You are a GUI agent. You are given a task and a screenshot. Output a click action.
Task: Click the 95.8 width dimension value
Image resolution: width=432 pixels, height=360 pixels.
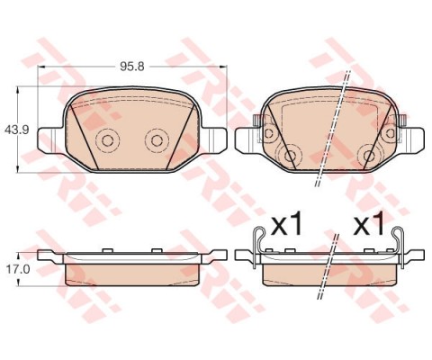click(x=133, y=67)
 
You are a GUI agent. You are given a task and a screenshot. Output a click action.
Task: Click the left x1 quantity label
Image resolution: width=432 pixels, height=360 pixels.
click(x=285, y=224)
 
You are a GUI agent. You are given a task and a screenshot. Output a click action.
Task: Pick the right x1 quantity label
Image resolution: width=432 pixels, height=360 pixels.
click(x=370, y=224)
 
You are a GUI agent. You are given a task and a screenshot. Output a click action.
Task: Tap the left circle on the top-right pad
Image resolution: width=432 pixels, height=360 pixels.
click(x=290, y=156)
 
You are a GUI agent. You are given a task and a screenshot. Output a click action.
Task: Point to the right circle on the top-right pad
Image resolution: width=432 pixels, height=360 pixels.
click(x=369, y=156)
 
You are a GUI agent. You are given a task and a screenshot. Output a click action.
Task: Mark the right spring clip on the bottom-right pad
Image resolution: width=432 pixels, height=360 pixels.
click(x=403, y=245)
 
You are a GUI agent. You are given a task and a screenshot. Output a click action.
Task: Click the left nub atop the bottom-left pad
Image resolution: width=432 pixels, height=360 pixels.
click(x=106, y=249)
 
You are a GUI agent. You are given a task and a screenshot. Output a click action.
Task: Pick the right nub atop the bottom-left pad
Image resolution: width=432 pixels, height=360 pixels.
click(x=157, y=249)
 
